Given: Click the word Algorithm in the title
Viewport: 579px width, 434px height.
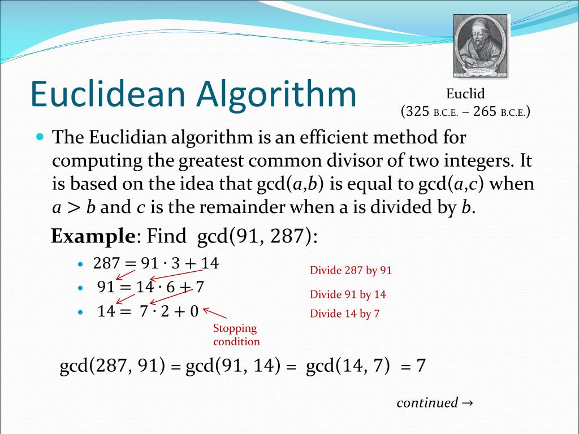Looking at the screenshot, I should coord(276,94).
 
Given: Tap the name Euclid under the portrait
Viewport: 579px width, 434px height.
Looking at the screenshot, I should coord(465,94).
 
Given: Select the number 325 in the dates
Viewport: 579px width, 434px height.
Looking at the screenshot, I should coord(418,111).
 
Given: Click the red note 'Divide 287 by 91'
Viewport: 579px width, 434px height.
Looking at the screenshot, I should coord(351,270).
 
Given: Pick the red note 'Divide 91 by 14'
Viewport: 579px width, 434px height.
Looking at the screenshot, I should coord(348,294).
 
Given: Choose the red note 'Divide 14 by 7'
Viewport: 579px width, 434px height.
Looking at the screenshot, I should coord(344,314).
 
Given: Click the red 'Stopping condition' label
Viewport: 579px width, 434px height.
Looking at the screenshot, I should coord(236,335).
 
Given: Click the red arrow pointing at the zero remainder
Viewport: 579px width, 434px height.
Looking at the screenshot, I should coord(215,313).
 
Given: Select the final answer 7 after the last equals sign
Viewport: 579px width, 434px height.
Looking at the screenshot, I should coord(420,366).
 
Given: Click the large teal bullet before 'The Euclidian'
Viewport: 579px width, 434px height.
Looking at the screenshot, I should coord(40,137).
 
